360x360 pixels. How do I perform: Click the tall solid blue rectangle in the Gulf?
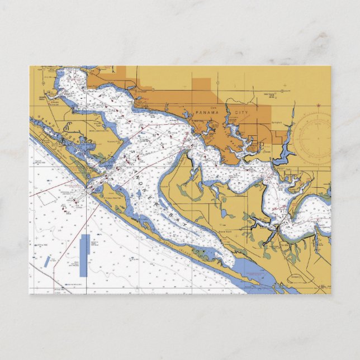(x=84, y=255)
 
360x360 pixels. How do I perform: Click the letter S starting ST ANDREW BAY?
(x=132, y=149)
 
